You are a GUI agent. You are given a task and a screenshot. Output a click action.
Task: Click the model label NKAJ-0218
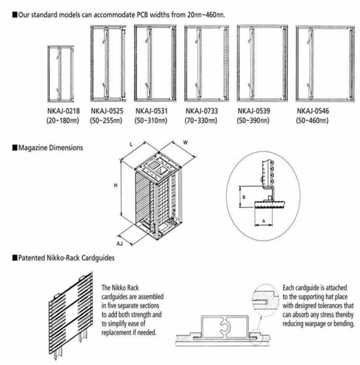pos(62,111)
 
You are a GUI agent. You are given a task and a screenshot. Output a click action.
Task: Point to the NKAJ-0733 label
pos(201,111)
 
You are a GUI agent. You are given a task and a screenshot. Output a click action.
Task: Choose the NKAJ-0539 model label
pos(254,111)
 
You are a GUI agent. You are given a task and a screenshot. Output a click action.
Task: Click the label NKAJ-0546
pos(313,111)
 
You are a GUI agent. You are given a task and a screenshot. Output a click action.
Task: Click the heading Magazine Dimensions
pos(50,148)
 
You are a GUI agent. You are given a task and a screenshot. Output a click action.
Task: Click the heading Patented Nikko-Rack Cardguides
pos(66,258)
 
